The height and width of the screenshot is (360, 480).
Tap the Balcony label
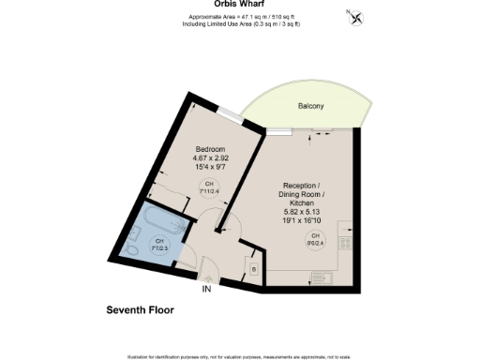pyautogui.click(x=311, y=107)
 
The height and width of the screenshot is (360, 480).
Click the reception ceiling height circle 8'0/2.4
pyautogui.click(x=316, y=237)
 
